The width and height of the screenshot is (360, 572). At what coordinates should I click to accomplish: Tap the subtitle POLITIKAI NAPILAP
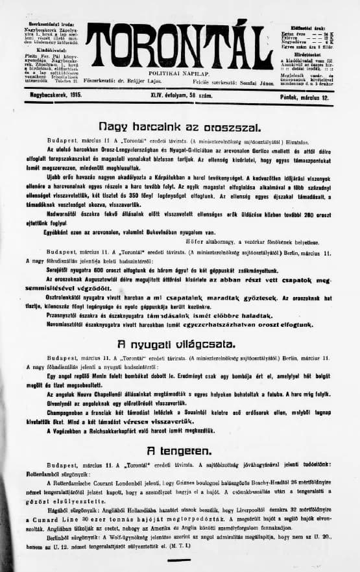179,76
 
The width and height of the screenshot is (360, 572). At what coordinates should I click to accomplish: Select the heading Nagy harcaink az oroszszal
179,126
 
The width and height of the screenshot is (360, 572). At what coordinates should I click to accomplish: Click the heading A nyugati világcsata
179,344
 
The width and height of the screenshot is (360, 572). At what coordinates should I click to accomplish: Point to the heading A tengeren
179,450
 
